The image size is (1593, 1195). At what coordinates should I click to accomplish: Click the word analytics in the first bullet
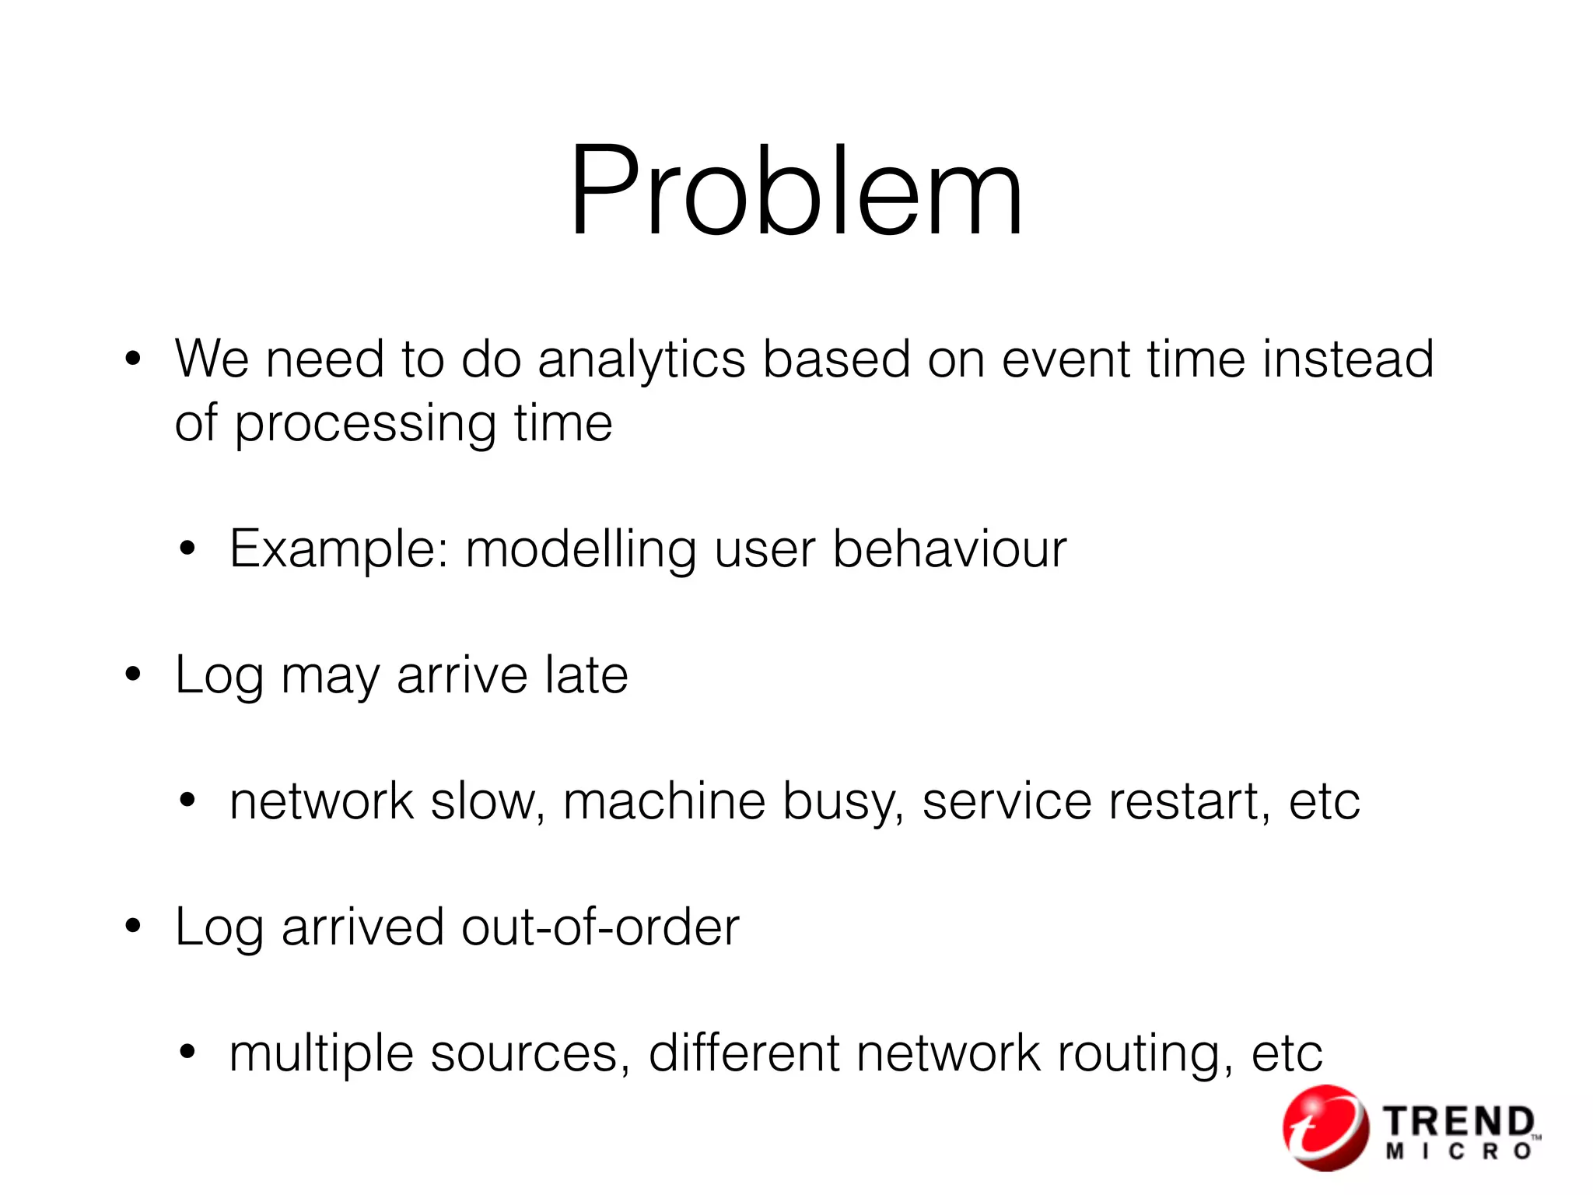coord(641,359)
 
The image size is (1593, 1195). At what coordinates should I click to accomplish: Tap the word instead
coord(1348,359)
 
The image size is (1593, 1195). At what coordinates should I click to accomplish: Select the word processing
coord(365,426)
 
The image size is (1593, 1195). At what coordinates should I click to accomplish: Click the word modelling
coord(580,549)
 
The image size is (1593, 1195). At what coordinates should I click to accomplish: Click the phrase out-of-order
coord(600,927)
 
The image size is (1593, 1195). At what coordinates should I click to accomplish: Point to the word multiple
coord(320,1054)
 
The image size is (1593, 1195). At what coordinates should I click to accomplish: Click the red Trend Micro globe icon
coord(1325,1127)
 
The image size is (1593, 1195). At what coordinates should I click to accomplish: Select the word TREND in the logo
coord(1459,1122)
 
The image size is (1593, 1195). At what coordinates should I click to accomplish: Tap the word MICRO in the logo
coord(1459,1152)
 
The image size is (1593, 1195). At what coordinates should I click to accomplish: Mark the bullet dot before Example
coord(187,549)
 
